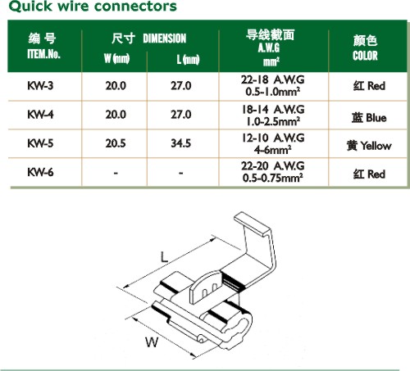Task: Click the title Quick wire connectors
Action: click(93, 6)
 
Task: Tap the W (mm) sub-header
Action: click(116, 58)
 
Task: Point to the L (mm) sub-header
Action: click(188, 59)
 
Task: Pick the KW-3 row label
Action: click(40, 86)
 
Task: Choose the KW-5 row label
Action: click(40, 143)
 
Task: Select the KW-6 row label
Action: click(40, 172)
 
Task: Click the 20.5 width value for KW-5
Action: click(116, 143)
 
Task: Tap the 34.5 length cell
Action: click(181, 143)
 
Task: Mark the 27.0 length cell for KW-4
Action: click(181, 115)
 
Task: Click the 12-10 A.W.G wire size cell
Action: click(273, 138)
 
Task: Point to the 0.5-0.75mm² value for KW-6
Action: click(272, 178)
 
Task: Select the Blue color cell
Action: click(369, 118)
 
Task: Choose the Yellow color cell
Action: click(369, 146)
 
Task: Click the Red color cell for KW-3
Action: click(369, 86)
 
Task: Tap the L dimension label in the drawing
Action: click(164, 257)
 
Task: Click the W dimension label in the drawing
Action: click(152, 342)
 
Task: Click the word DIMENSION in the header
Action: click(165, 38)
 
